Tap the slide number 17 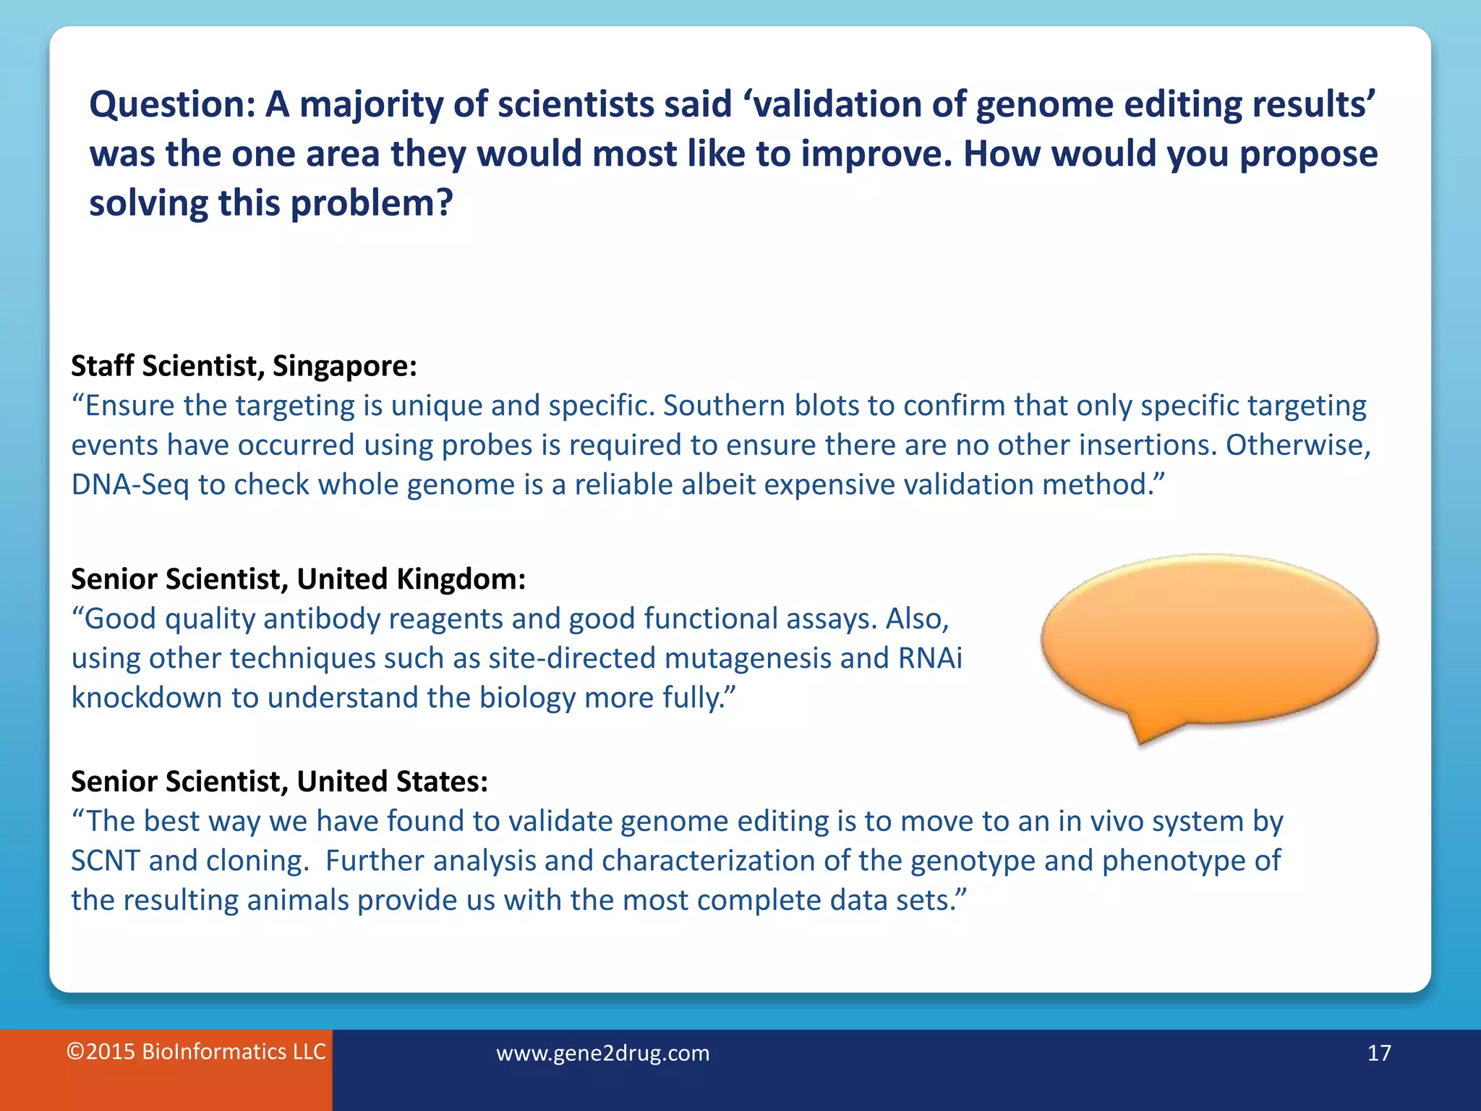1378,1052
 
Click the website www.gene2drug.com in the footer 602,1052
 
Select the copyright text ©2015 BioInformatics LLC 196,1051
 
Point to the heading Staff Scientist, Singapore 244,366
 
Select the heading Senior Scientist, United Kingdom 298,579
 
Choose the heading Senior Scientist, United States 279,782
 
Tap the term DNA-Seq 130,485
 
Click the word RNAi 930,658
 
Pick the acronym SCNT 105,861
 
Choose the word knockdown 147,698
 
